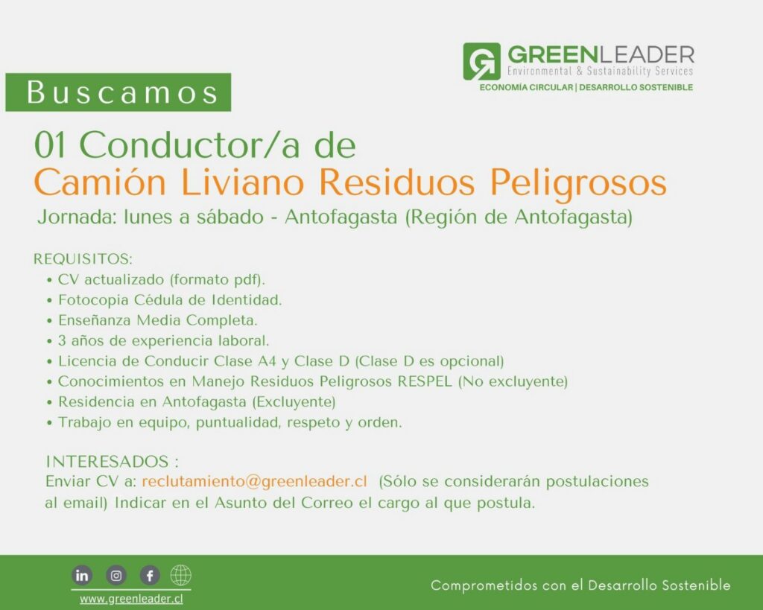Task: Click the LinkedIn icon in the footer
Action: (x=82, y=576)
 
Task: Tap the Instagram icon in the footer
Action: (x=116, y=576)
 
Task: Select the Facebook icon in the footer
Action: (x=150, y=576)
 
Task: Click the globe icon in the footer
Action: (x=180, y=576)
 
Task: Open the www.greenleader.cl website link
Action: (x=131, y=598)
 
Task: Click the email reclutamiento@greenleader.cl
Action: (x=254, y=481)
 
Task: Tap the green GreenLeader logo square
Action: (x=481, y=61)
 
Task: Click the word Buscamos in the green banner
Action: (x=122, y=92)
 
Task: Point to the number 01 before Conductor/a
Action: (x=50, y=145)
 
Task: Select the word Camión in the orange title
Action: (x=101, y=182)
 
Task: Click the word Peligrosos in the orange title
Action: (x=577, y=184)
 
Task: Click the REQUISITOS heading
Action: (x=83, y=258)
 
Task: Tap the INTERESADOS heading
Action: (x=112, y=461)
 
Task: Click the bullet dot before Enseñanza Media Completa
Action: (x=49, y=321)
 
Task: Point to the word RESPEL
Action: (x=425, y=381)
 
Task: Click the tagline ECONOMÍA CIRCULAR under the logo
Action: (x=526, y=88)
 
